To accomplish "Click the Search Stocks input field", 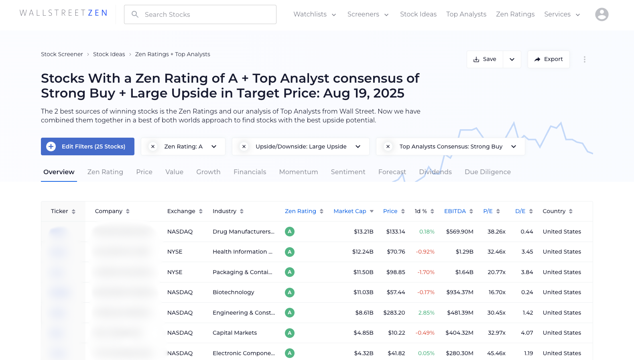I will pos(200,14).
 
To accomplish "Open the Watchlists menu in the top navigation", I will pos(314,14).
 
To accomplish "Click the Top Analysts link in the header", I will pos(466,14).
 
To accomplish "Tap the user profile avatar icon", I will pos(601,14).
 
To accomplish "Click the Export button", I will pos(548,59).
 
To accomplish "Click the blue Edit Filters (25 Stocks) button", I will pos(87,146).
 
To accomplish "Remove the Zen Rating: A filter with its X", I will pos(153,146).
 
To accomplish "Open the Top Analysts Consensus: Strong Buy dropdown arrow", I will pos(513,146).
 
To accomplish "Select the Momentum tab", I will pos(298,172).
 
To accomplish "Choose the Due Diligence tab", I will pos(487,172).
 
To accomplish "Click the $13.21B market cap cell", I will pos(363,232).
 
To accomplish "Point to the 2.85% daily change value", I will pos(426,313).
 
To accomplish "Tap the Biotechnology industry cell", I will pos(233,292).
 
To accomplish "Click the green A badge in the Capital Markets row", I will pos(289,333).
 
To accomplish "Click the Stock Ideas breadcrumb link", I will pos(109,54).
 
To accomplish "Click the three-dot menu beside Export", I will pos(584,59).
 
